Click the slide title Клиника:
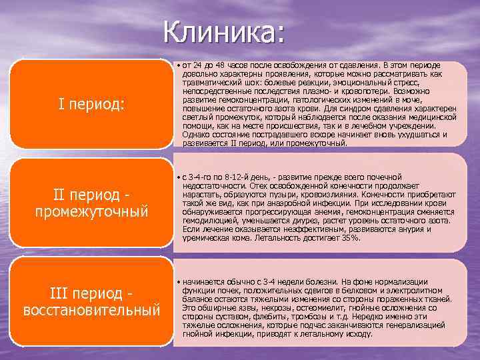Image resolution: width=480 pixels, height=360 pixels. (224, 31)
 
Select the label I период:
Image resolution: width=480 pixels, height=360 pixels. (91, 104)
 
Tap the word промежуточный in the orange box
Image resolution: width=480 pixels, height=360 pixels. (91, 211)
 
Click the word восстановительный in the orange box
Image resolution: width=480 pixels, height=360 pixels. (91, 310)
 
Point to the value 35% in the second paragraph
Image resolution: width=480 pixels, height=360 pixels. (349, 237)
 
